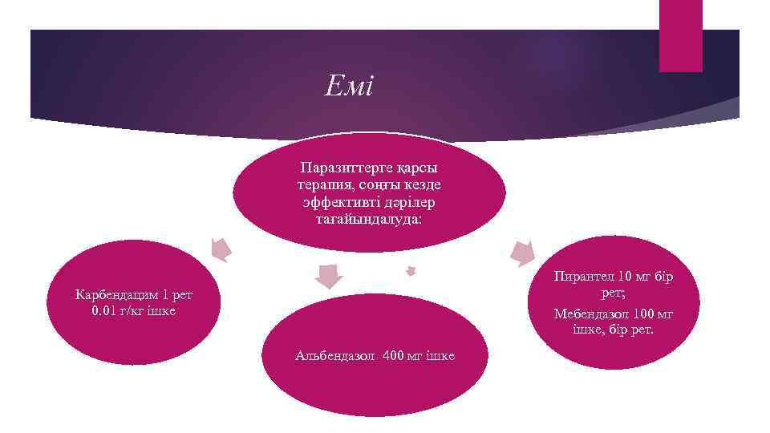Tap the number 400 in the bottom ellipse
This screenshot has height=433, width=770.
point(398,354)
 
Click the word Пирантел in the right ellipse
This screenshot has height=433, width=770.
point(582,277)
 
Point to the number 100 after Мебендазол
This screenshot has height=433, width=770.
point(643,313)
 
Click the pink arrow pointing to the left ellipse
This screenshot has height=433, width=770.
point(219,249)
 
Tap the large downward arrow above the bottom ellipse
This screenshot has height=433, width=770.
point(327,276)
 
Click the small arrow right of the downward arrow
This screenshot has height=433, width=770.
point(411,271)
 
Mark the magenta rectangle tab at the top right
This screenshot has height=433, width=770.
point(680,35)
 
